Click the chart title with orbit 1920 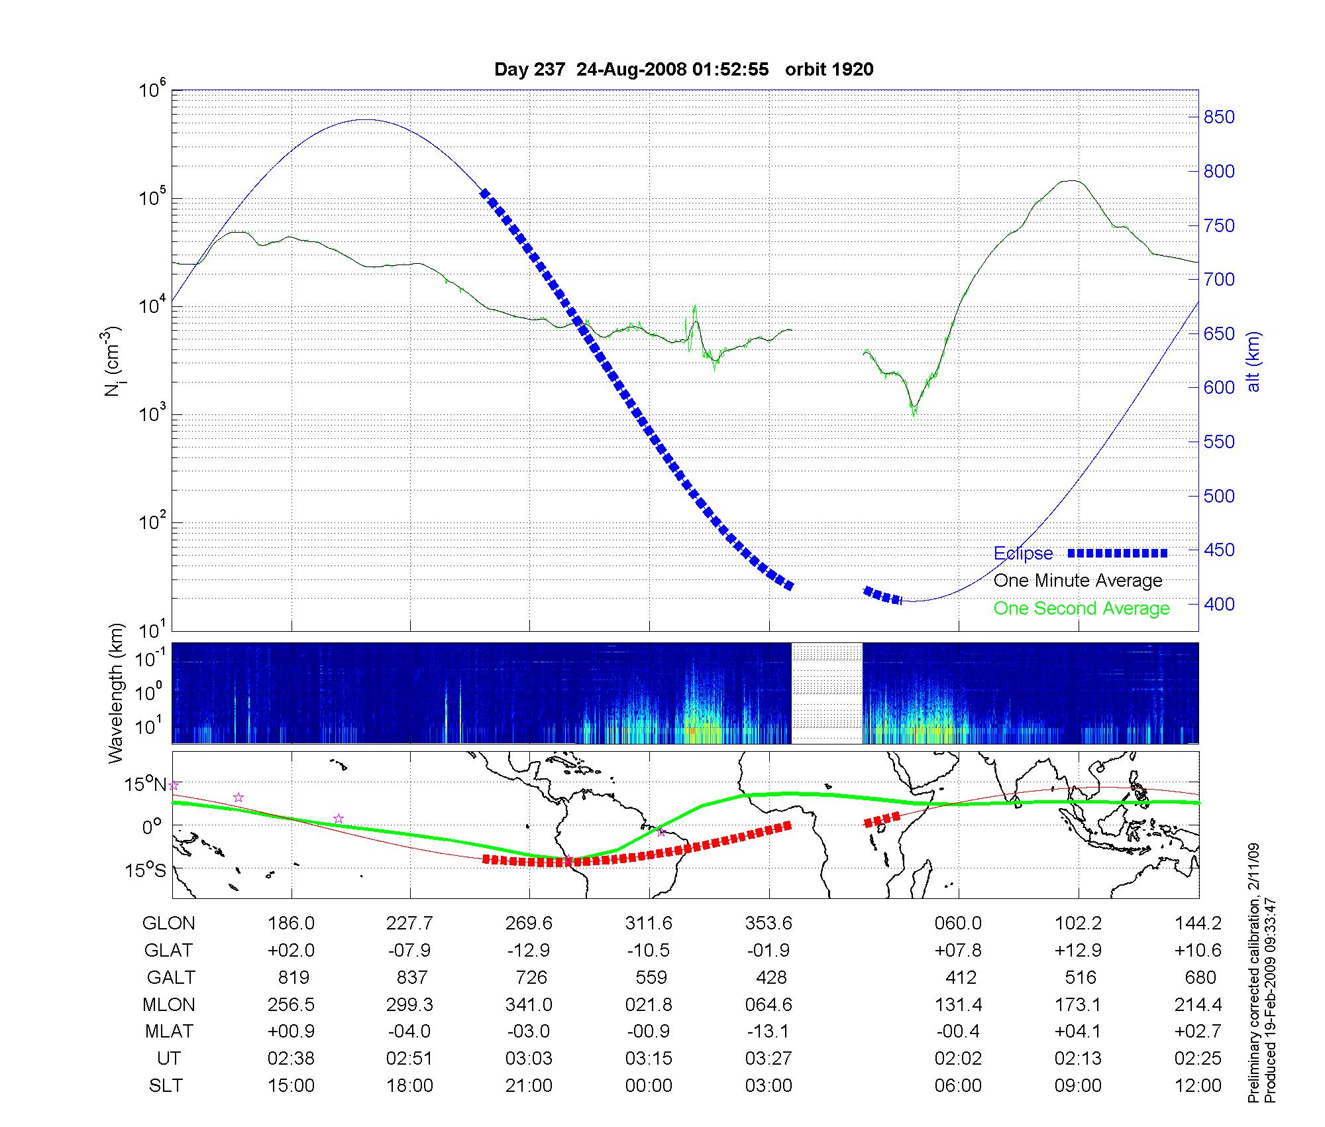click(684, 70)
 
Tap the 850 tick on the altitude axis click(1219, 117)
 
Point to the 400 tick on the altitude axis click(1219, 604)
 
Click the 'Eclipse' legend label click(1023, 554)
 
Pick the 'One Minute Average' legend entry click(1078, 581)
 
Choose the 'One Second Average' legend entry click(1081, 609)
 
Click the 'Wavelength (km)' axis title click(117, 693)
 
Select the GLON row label click(169, 923)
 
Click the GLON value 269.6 click(529, 923)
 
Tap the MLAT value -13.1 click(768, 1032)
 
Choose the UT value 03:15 click(649, 1059)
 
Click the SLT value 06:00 click(958, 1086)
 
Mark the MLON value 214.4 click(1198, 1005)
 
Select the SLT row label click(166, 1086)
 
